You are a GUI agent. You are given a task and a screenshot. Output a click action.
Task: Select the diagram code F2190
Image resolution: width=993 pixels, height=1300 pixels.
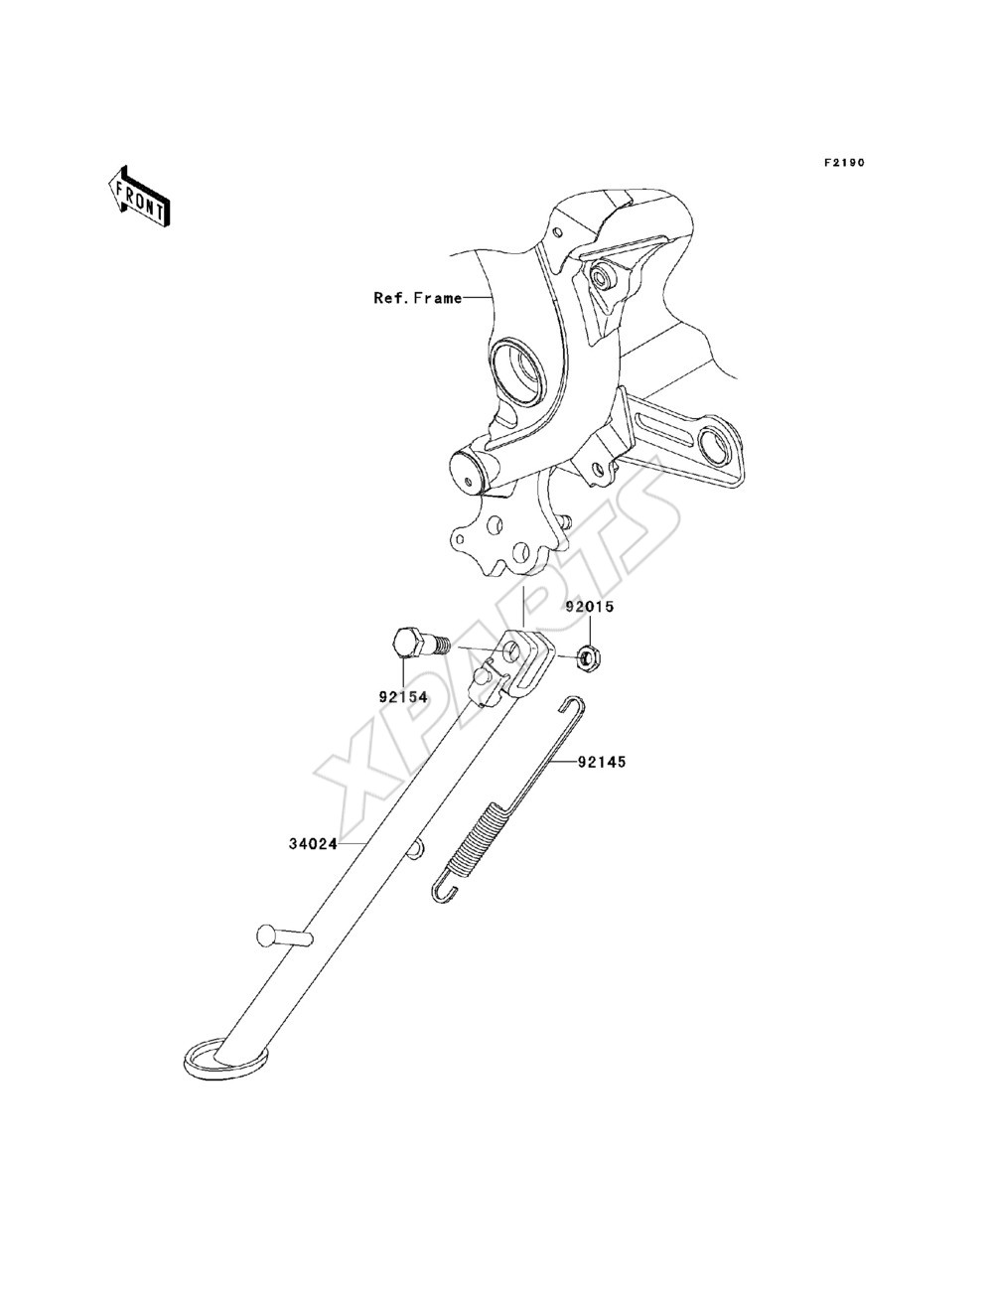pyautogui.click(x=842, y=162)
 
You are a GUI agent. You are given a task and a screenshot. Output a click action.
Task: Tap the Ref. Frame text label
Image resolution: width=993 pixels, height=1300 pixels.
pyautogui.click(x=417, y=298)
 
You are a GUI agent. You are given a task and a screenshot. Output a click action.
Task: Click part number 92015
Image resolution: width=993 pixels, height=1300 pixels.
pyautogui.click(x=589, y=607)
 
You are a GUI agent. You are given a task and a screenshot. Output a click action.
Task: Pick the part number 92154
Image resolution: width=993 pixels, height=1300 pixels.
pyautogui.click(x=403, y=698)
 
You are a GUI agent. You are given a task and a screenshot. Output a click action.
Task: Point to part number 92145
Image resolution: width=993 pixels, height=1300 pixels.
pyautogui.click(x=601, y=762)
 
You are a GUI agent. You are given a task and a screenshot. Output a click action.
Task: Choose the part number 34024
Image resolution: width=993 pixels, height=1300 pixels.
pyautogui.click(x=313, y=843)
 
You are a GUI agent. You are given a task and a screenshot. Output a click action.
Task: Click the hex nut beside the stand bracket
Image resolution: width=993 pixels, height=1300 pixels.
pyautogui.click(x=588, y=656)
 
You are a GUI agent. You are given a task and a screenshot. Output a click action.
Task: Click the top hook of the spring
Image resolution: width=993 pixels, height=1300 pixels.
pyautogui.click(x=572, y=705)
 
